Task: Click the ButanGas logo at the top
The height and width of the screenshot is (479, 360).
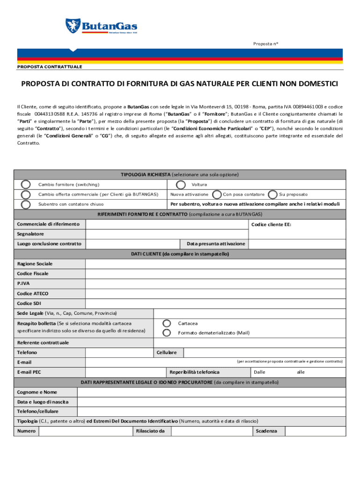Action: [x=101, y=26]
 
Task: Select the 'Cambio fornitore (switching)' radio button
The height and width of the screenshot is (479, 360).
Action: [x=26, y=184]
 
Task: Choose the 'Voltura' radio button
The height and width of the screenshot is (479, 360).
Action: [x=180, y=184]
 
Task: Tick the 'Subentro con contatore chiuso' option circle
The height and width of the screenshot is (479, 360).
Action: [x=26, y=204]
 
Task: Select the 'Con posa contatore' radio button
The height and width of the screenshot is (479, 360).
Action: [x=217, y=194]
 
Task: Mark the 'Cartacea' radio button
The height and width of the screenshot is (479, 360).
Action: [x=166, y=323]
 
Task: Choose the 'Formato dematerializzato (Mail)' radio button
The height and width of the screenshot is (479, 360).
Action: [x=166, y=333]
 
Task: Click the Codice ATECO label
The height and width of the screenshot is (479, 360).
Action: [x=33, y=293]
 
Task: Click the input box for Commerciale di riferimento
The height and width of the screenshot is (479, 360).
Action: [x=166, y=225]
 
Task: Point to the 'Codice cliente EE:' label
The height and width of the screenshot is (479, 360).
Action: [x=271, y=225]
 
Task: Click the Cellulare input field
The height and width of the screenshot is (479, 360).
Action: [x=263, y=352]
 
